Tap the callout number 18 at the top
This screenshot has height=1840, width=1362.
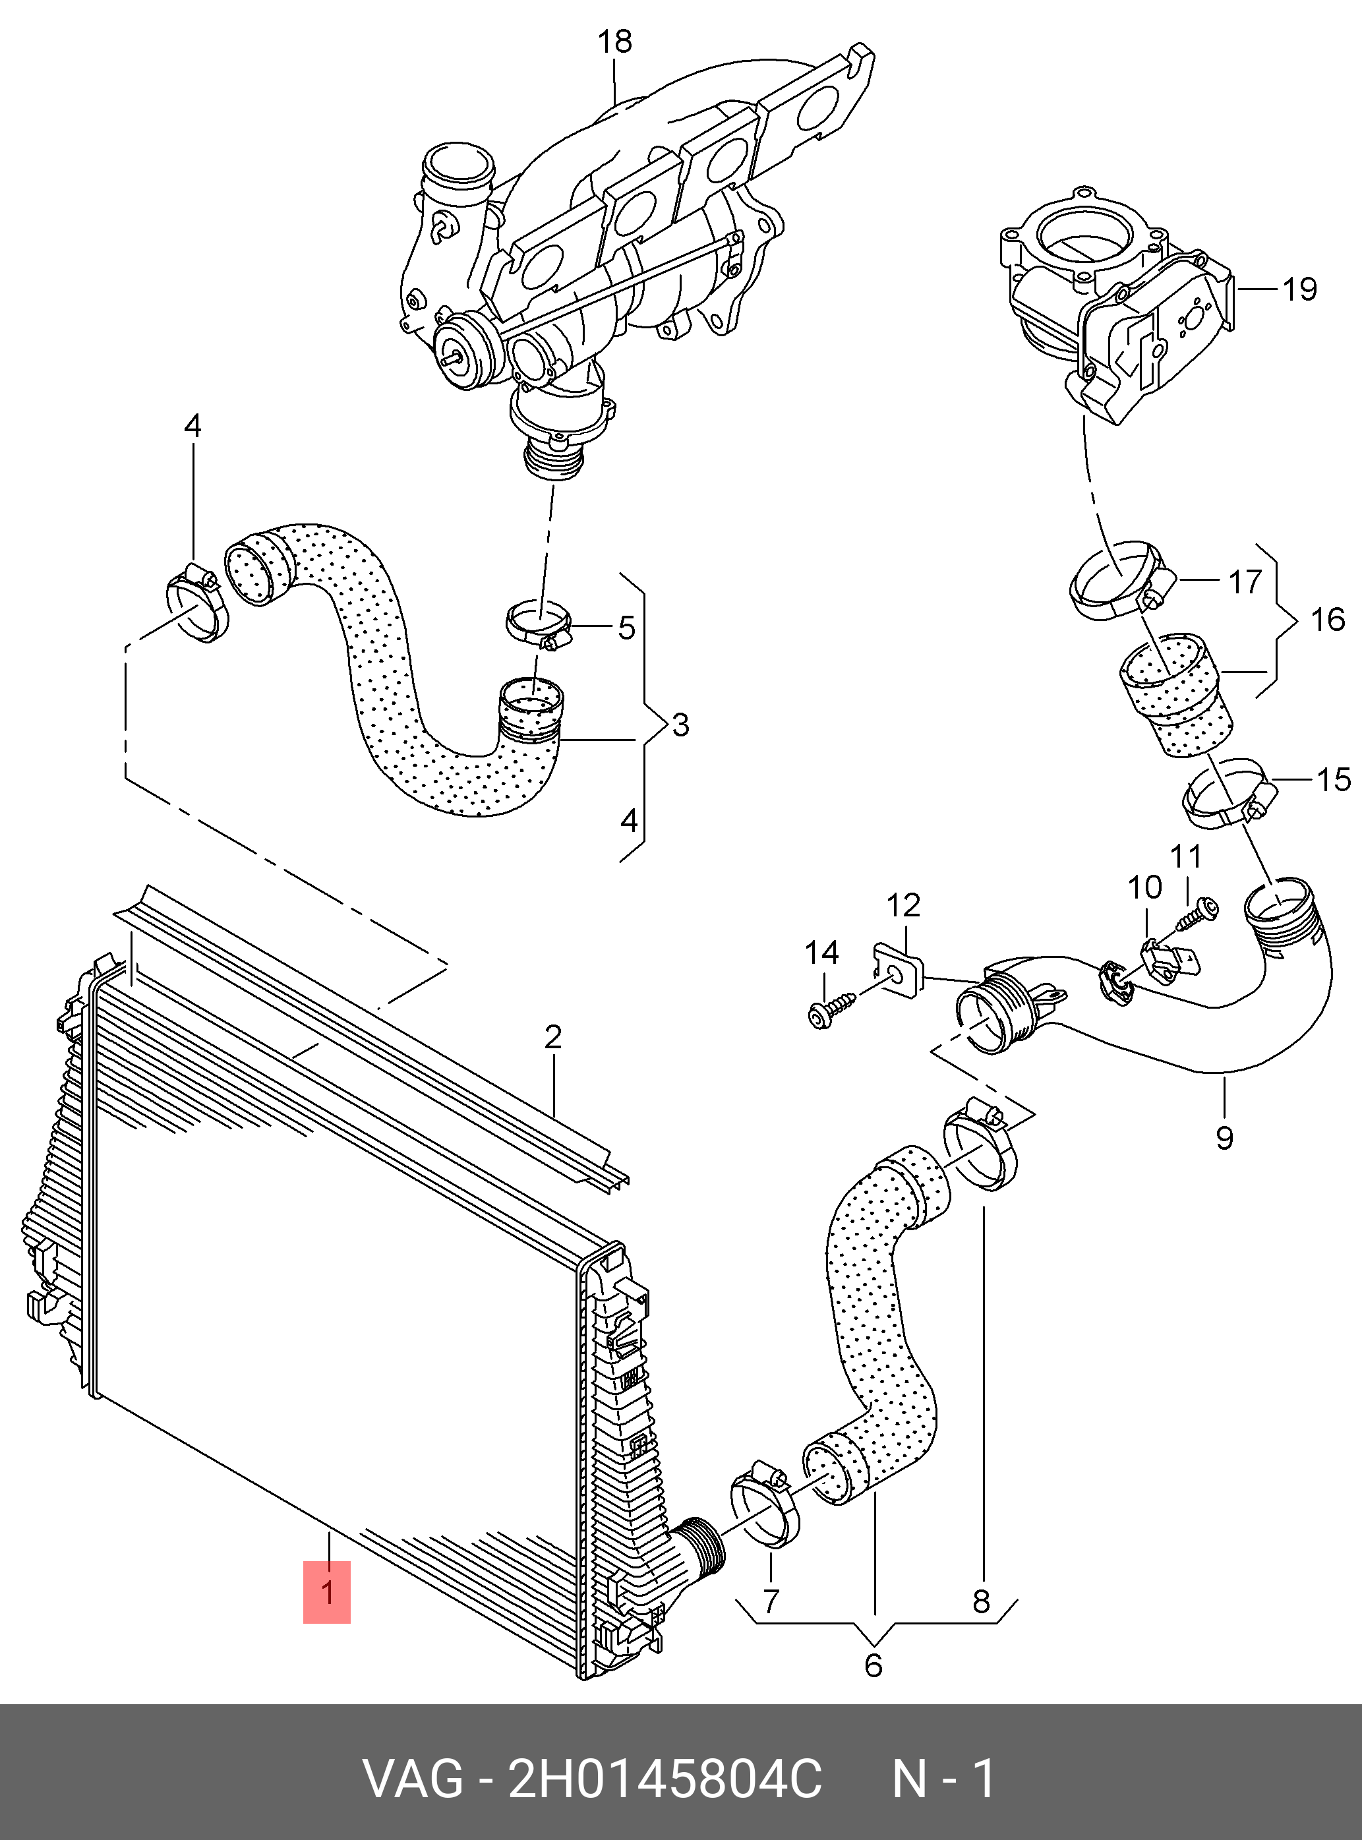[x=615, y=42]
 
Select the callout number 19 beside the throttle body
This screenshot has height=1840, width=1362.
[x=1299, y=289]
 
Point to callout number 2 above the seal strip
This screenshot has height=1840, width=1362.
[x=552, y=1036]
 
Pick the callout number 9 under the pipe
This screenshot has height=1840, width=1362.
[x=1224, y=1139]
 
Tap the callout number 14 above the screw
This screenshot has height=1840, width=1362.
[x=822, y=953]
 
